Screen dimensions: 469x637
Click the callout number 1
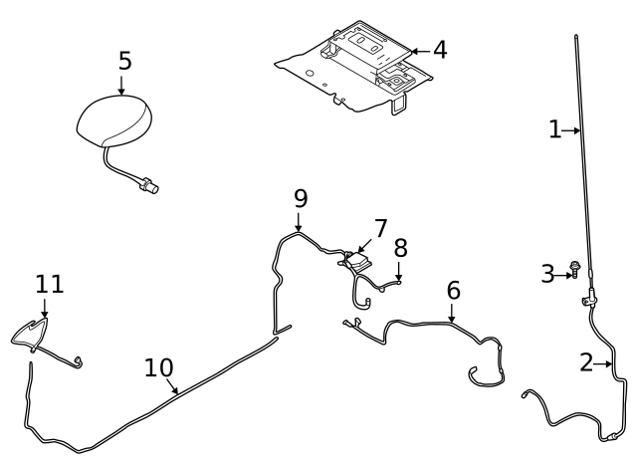click(x=555, y=128)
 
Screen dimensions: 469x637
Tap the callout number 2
click(x=586, y=362)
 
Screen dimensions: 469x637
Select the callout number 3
click(x=547, y=274)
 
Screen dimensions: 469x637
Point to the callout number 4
click(x=439, y=50)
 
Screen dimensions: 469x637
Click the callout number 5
click(x=124, y=61)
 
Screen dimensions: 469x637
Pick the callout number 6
click(x=453, y=291)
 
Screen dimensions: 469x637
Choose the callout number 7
click(x=380, y=228)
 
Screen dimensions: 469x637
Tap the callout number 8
click(x=400, y=247)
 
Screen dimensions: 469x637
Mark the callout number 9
click(x=301, y=198)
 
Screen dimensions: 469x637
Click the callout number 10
click(x=158, y=367)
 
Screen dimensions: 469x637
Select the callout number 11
click(x=50, y=284)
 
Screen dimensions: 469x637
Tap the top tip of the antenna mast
click(x=575, y=37)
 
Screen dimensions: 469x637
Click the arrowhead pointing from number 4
click(x=413, y=50)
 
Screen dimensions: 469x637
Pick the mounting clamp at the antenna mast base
click(x=589, y=296)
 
